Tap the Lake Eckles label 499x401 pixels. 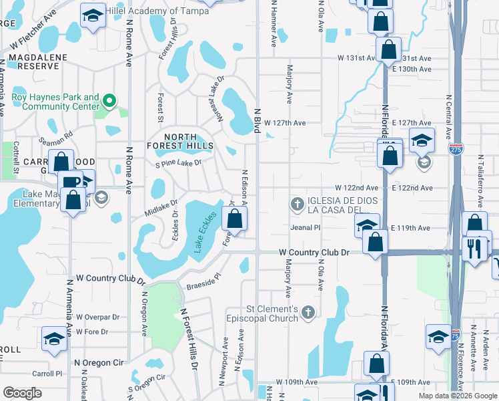coord(206,232)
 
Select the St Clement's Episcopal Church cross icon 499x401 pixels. coord(308,311)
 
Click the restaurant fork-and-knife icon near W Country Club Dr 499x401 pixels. coord(475,249)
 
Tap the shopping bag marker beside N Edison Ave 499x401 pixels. coord(235,218)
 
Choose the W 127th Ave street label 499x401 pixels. coord(285,123)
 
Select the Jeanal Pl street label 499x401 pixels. coord(306,227)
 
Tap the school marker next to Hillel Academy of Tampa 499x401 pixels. coord(93,14)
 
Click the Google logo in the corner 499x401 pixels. coord(22,393)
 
